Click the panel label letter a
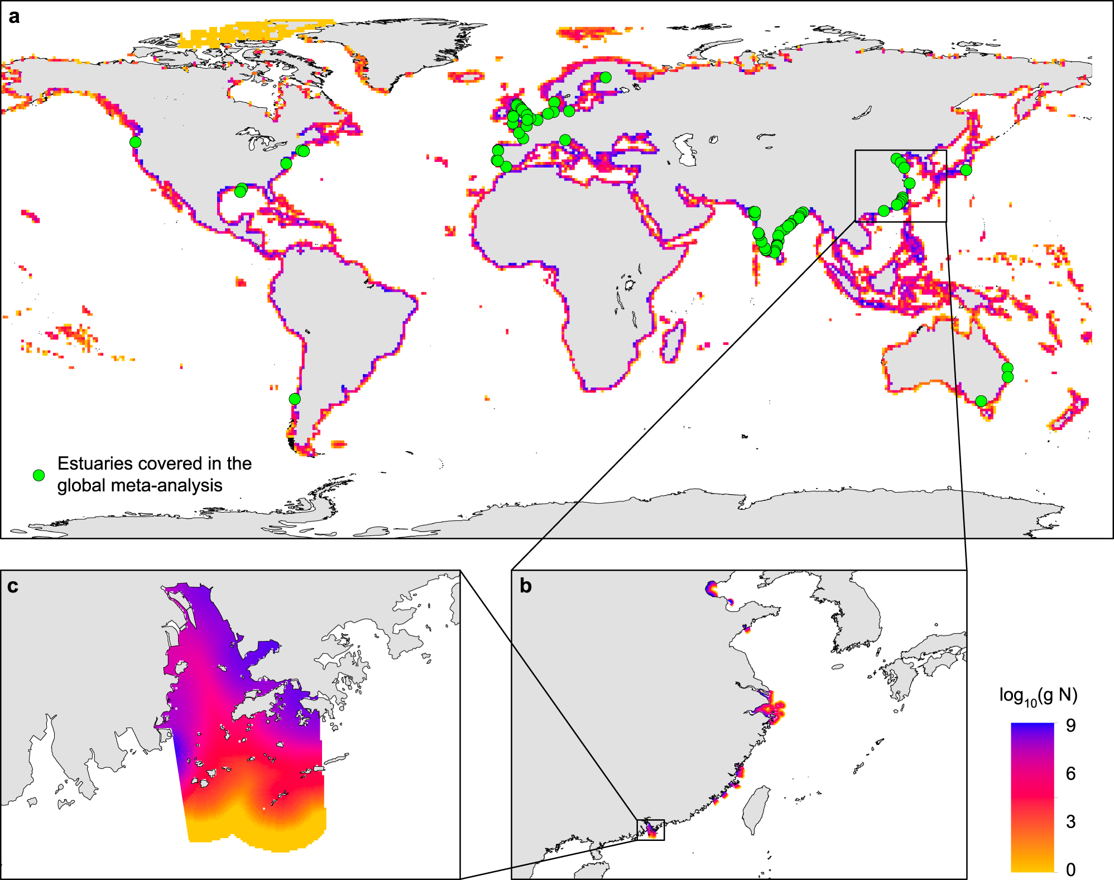[14, 17]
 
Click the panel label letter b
[526, 586]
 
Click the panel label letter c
[12, 586]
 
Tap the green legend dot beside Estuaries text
[39, 475]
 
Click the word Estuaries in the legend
[94, 463]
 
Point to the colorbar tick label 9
[1070, 725]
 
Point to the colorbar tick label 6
[1070, 773]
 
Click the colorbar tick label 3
[1070, 821]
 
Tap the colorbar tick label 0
[1070, 869]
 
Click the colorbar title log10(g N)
[1038, 695]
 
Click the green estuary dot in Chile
[295, 399]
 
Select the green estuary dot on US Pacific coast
[135, 142]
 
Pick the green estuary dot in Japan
[966, 170]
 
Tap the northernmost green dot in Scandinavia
[606, 77]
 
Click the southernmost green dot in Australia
[981, 401]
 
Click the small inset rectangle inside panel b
[650, 829]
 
